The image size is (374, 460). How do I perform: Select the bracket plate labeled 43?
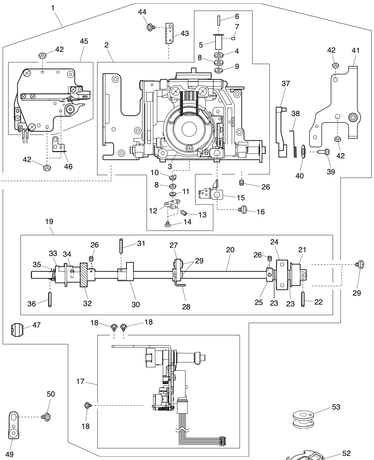pyautogui.click(x=170, y=34)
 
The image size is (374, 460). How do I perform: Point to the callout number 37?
pyautogui.click(x=285, y=84)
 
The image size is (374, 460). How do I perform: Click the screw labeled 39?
pyautogui.click(x=325, y=151)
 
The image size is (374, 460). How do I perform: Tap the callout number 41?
pyautogui.click(x=355, y=51)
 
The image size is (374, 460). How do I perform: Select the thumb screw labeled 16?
pyautogui.click(x=244, y=210)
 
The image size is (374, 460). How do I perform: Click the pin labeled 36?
pyautogui.click(x=49, y=298)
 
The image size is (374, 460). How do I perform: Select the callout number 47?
pyautogui.click(x=36, y=325)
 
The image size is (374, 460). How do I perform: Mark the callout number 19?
pyautogui.click(x=49, y=221)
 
